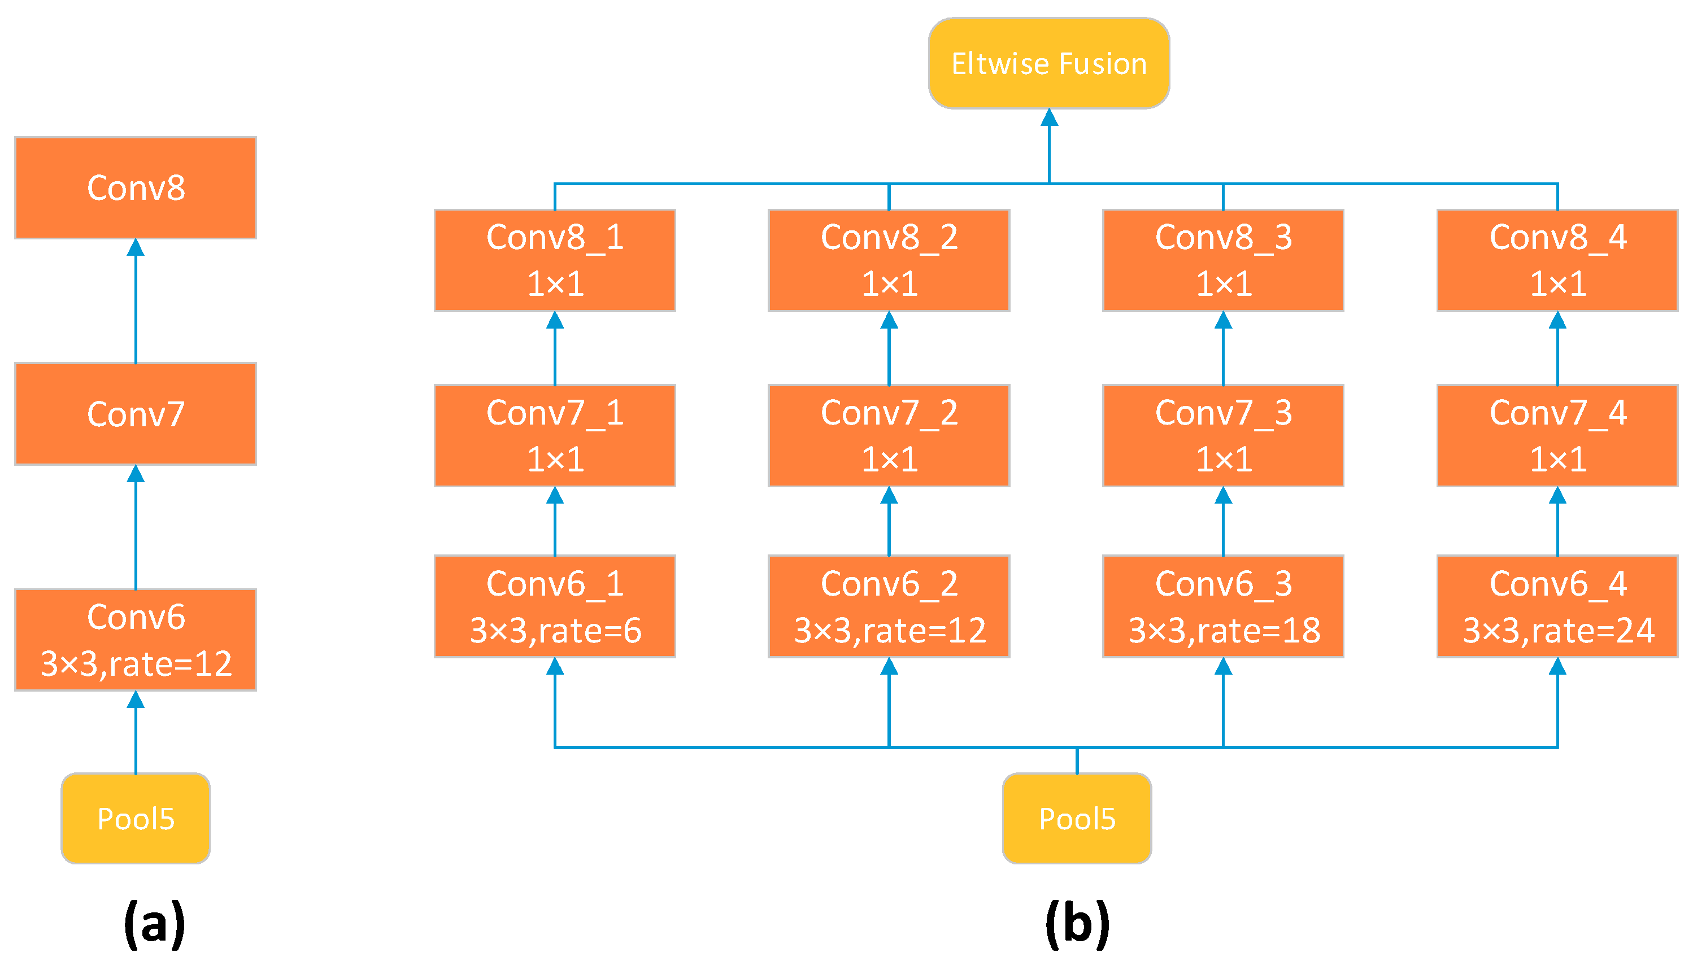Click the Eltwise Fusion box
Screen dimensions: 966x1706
1049,64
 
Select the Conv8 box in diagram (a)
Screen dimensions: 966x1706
136,188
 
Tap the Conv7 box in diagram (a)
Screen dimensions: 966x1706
136,414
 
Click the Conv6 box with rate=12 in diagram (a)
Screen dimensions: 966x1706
136,640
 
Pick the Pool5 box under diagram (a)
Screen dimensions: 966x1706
136,818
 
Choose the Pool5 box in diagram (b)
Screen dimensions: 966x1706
1077,818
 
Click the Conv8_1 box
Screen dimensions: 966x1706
555,260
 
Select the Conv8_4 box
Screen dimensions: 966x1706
1557,260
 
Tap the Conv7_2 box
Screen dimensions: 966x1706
889,435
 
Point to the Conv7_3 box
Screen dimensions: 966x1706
1224,435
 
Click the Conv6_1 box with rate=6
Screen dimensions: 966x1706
555,606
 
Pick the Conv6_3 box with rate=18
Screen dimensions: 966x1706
1224,606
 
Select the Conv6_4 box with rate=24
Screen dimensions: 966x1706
1557,606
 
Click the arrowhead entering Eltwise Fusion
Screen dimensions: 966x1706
1049,118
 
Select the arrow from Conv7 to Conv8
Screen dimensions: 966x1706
136,302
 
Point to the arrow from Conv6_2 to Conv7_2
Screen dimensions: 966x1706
889,522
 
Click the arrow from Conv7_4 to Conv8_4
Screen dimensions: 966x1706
1557,349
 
